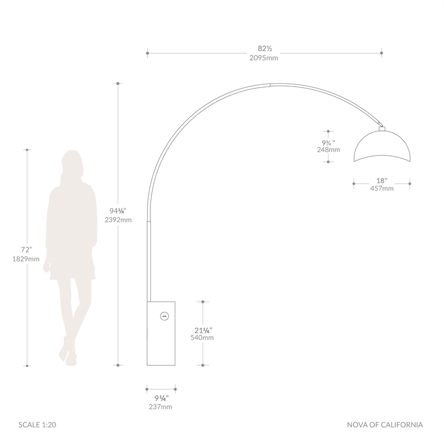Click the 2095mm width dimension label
[x=264, y=58]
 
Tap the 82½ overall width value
[x=265, y=49]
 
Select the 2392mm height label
[x=118, y=220]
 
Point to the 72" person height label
[x=27, y=250]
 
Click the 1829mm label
[x=26, y=259]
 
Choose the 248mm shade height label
[x=329, y=150]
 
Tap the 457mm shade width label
[x=382, y=189]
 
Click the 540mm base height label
[x=202, y=338]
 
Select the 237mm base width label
[x=160, y=407]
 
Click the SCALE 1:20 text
[x=37, y=425]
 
